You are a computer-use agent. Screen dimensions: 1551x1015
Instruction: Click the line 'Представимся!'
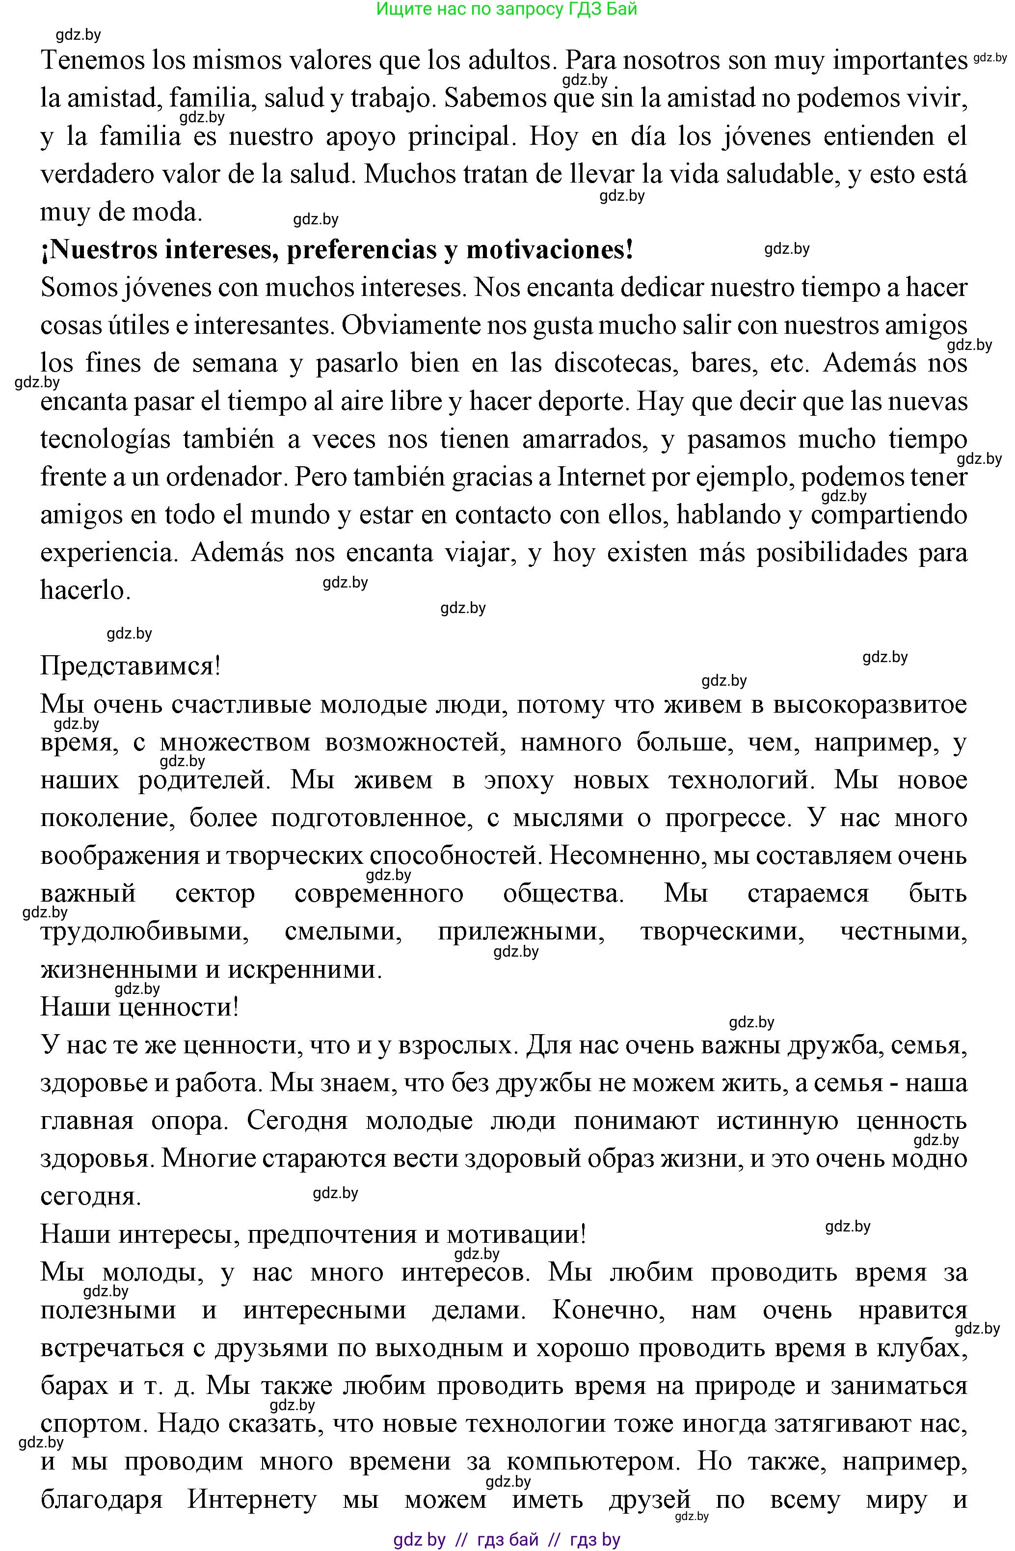pyautogui.click(x=130, y=666)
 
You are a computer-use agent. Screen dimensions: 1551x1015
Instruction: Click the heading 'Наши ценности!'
pyautogui.click(x=139, y=1008)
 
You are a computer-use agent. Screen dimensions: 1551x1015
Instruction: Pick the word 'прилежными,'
pyautogui.click(x=521, y=932)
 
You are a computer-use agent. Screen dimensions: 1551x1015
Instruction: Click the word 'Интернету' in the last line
pyautogui.click(x=252, y=1499)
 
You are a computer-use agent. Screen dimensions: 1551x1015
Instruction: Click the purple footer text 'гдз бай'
pyautogui.click(x=508, y=1540)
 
